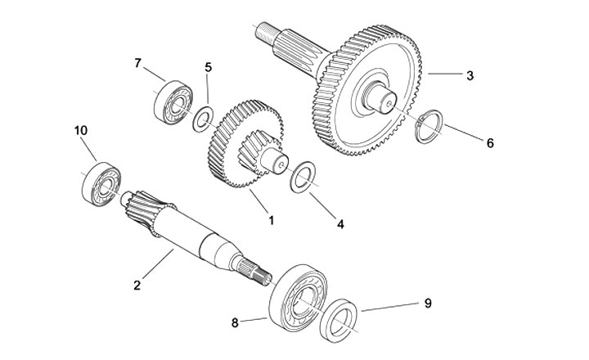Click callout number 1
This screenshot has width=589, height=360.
271,220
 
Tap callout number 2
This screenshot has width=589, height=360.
137,285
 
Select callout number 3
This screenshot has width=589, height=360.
470,76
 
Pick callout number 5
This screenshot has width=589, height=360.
208,67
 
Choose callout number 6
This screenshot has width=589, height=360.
490,143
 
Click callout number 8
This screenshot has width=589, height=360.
236,322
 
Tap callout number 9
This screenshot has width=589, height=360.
426,303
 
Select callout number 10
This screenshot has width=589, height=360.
80,131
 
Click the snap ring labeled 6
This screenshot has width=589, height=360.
429,128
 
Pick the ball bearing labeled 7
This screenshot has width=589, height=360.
172,100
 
